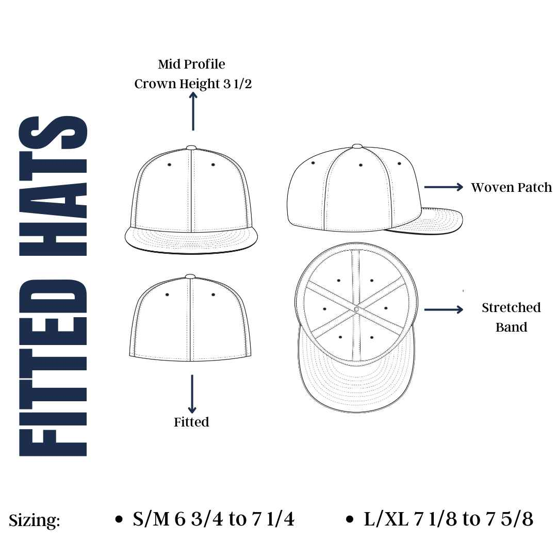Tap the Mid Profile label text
pyautogui.click(x=191, y=64)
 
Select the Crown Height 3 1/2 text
pyautogui.click(x=193, y=84)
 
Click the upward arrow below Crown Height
pyautogui.click(x=193, y=111)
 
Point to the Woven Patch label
pyautogui.click(x=511, y=187)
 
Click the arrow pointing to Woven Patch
pyautogui.click(x=444, y=187)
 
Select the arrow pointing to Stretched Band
pyautogui.click(x=444, y=309)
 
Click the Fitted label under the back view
pyautogui.click(x=191, y=422)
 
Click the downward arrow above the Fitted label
pyautogui.click(x=192, y=394)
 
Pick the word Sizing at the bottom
pyautogui.click(x=35, y=520)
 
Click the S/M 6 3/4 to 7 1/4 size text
pyautogui.click(x=214, y=519)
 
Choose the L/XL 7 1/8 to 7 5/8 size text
pyautogui.click(x=448, y=519)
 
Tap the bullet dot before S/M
pyautogui.click(x=119, y=520)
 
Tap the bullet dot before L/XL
pyautogui.click(x=351, y=520)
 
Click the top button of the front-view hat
pyautogui.click(x=191, y=148)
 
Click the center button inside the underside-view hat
pyautogui.click(x=356, y=309)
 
